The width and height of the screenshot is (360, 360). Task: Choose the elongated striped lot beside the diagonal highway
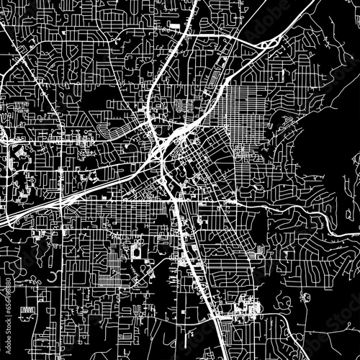[x=216, y=79]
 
